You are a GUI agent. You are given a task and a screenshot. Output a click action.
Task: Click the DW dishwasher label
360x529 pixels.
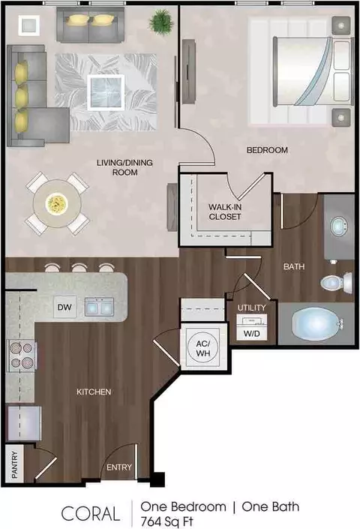coord(64,307)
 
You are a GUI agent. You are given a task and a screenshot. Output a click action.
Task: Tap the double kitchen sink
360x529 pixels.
coord(99,307)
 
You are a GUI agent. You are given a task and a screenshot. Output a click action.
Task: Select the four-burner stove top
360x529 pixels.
coord(22,356)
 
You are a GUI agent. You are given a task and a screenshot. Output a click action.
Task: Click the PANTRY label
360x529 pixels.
coord(14,464)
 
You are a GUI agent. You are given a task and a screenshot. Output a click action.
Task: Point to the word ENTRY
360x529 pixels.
coord(119,467)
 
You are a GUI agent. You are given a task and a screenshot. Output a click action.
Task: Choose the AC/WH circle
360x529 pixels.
coord(203,348)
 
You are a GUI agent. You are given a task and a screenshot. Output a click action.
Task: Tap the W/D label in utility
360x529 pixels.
coord(252,334)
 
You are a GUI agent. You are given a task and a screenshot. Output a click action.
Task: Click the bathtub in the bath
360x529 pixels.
coord(316,324)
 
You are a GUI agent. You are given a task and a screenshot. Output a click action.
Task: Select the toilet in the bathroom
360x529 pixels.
coord(336,283)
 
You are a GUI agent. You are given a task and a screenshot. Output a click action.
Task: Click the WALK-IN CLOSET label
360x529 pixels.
coord(225,212)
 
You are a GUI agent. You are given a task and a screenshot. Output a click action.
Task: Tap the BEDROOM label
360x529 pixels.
coord(267,150)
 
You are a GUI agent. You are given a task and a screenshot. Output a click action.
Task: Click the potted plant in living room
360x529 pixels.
coord(161,22)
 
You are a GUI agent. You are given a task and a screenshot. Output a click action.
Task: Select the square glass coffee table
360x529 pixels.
coord(106,92)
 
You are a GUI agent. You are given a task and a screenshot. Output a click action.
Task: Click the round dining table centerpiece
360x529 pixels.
coord(57,203)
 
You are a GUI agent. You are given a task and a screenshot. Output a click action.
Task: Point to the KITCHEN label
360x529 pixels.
coord(94,392)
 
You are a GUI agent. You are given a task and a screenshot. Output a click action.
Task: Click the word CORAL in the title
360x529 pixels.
coord(91,513)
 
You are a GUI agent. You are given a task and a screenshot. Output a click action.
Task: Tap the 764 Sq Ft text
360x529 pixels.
coord(166,521)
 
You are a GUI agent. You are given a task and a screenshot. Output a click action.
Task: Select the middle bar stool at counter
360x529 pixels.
coord(79,268)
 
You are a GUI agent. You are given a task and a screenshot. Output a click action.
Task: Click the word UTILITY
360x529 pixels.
coord(252,308)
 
